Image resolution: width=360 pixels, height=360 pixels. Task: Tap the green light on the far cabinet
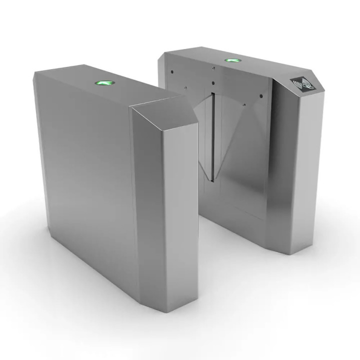pos(230,61)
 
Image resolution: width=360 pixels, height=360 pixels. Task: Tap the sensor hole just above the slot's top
pos(212,82)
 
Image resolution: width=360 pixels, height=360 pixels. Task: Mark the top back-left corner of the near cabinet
pos(34,72)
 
